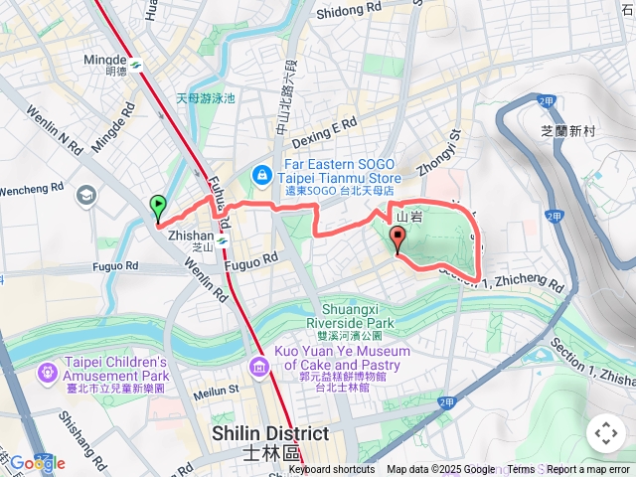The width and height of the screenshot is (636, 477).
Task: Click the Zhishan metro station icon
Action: (221, 238)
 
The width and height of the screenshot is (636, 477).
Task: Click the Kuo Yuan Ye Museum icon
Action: (259, 369)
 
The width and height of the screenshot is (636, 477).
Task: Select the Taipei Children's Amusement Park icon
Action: (47, 373)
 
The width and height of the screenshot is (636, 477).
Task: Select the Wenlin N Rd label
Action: (55, 129)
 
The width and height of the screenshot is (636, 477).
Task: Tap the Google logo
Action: (37, 462)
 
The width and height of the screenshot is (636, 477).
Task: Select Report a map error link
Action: (588, 470)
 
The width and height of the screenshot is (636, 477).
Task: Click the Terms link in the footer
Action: (521, 470)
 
